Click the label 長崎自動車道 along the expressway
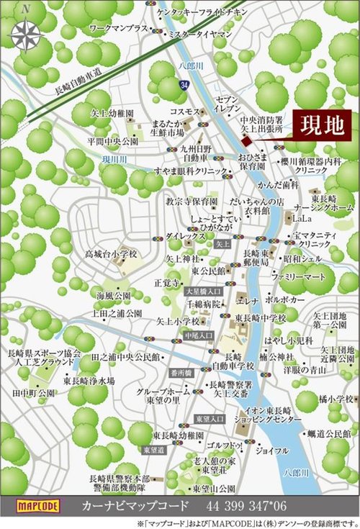(x=78, y=81)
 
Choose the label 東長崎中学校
(x=260, y=317)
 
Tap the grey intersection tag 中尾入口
(x=199, y=335)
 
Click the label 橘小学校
(x=335, y=398)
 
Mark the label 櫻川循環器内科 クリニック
(x=311, y=166)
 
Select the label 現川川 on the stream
(x=114, y=158)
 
